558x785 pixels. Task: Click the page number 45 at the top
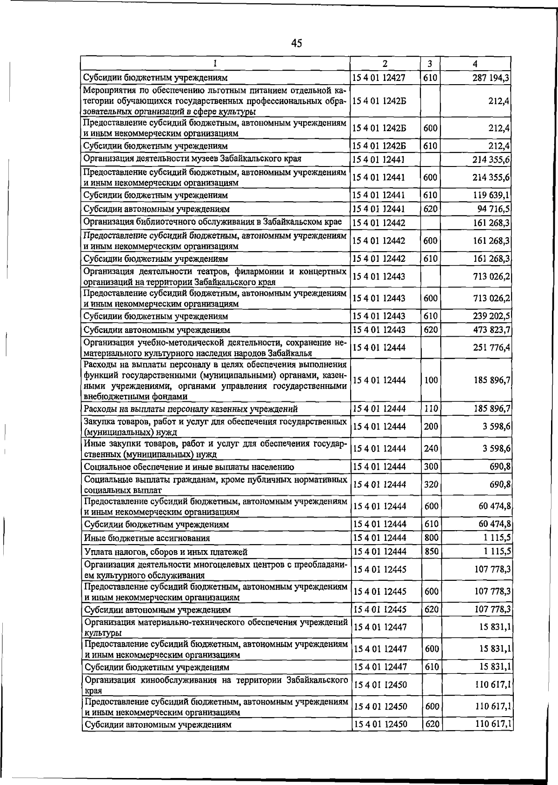297,44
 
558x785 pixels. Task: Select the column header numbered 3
430,64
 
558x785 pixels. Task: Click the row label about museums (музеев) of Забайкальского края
192,159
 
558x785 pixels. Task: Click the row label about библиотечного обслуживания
213,222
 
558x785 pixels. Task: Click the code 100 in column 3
431,380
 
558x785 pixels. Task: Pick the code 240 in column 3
431,448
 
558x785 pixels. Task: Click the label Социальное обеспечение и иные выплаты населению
189,466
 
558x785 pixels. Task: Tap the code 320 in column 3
431,485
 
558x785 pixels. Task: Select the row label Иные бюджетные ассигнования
147,538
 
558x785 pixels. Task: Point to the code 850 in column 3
431,552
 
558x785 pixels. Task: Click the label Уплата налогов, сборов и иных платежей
166,552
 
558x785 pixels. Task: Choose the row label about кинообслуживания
215,685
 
